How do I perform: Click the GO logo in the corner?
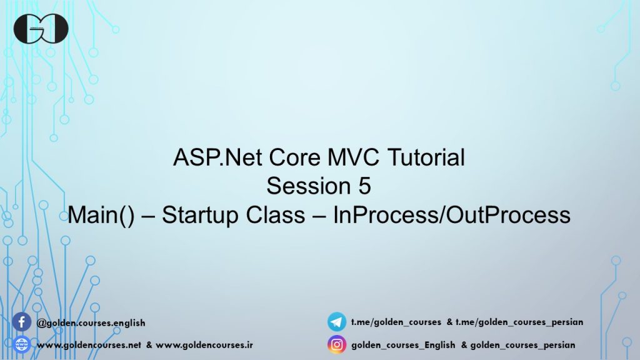click(41, 29)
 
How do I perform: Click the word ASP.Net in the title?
click(217, 157)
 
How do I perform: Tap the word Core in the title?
click(294, 157)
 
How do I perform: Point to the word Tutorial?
click(426, 157)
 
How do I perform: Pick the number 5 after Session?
click(365, 186)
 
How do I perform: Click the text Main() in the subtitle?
click(101, 215)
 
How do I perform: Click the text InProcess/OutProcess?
click(452, 215)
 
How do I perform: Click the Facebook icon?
click(22, 322)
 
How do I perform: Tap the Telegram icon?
click(337, 322)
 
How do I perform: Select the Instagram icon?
click(337, 345)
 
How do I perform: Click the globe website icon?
click(22, 345)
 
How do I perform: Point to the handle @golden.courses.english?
click(91, 323)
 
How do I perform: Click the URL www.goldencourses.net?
click(89, 345)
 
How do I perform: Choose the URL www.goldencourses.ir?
click(204, 345)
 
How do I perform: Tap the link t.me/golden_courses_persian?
click(519, 322)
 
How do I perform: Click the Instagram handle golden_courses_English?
click(403, 345)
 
